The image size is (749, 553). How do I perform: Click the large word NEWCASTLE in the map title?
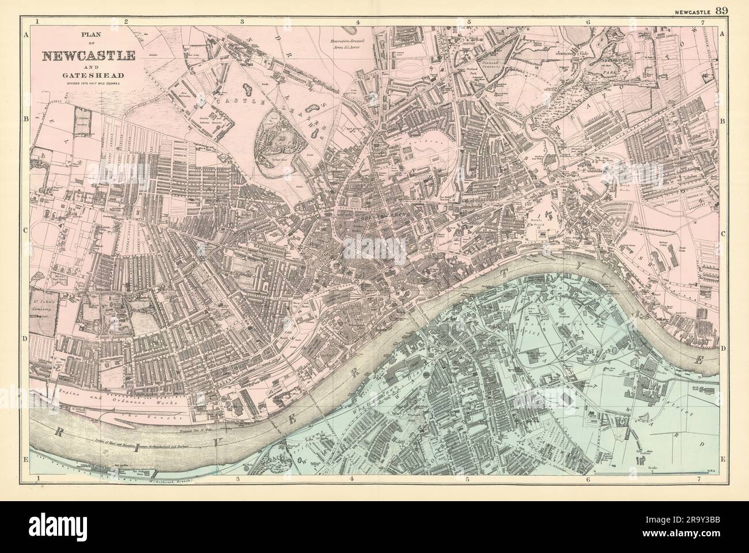[x=88, y=56]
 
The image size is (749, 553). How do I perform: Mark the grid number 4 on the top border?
[x=358, y=22]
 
